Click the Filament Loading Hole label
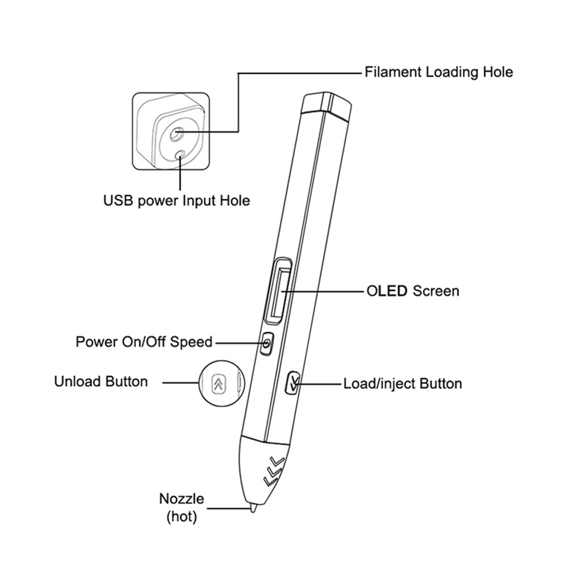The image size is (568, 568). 438,72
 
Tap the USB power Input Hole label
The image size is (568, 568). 176,201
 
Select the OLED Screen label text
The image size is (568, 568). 411,291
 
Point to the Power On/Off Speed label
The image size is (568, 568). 144,342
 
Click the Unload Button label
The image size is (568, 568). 101,381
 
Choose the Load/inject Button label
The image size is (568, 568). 402,383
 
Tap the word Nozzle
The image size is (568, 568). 181,499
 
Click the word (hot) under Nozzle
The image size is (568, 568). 181,517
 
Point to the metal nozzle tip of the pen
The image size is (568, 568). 251,507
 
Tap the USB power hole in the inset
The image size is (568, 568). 181,154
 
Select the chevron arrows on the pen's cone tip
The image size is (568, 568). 274,469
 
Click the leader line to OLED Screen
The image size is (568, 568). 324,292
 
